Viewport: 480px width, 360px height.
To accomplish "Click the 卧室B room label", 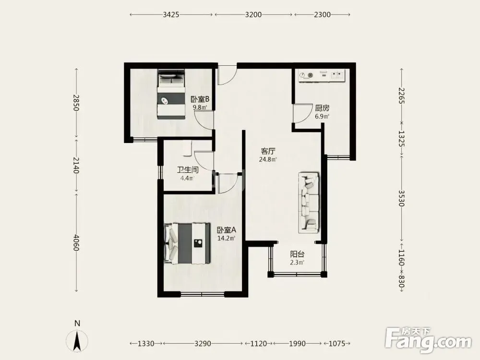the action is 200,99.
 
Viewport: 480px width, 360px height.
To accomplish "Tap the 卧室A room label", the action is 226,230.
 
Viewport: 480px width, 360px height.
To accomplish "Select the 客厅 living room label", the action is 268,151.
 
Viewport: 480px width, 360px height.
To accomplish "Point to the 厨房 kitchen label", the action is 322,108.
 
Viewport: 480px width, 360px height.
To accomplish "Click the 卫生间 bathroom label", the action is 188,170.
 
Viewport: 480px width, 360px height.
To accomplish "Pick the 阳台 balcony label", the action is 297,254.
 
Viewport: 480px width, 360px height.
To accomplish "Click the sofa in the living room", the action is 309,202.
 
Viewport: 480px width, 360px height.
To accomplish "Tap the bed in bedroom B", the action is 171,94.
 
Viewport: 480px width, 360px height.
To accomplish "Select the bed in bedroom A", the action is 187,243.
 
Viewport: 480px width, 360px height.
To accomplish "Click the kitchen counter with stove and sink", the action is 322,75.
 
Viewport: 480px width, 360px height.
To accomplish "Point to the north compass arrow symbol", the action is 77,341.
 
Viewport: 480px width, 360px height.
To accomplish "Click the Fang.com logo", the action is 428,340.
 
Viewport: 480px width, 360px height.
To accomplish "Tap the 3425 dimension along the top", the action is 171,15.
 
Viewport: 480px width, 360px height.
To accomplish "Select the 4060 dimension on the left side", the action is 76,242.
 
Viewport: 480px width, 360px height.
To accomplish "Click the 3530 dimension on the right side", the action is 402,198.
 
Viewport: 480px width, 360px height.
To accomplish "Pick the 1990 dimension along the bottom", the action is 297,344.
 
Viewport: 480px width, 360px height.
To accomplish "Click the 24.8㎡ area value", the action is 268,159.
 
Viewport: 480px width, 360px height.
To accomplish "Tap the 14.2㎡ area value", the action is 226,238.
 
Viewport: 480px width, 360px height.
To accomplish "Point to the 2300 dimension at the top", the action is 323,15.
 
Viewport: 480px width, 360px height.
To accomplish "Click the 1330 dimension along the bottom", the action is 146,344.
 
